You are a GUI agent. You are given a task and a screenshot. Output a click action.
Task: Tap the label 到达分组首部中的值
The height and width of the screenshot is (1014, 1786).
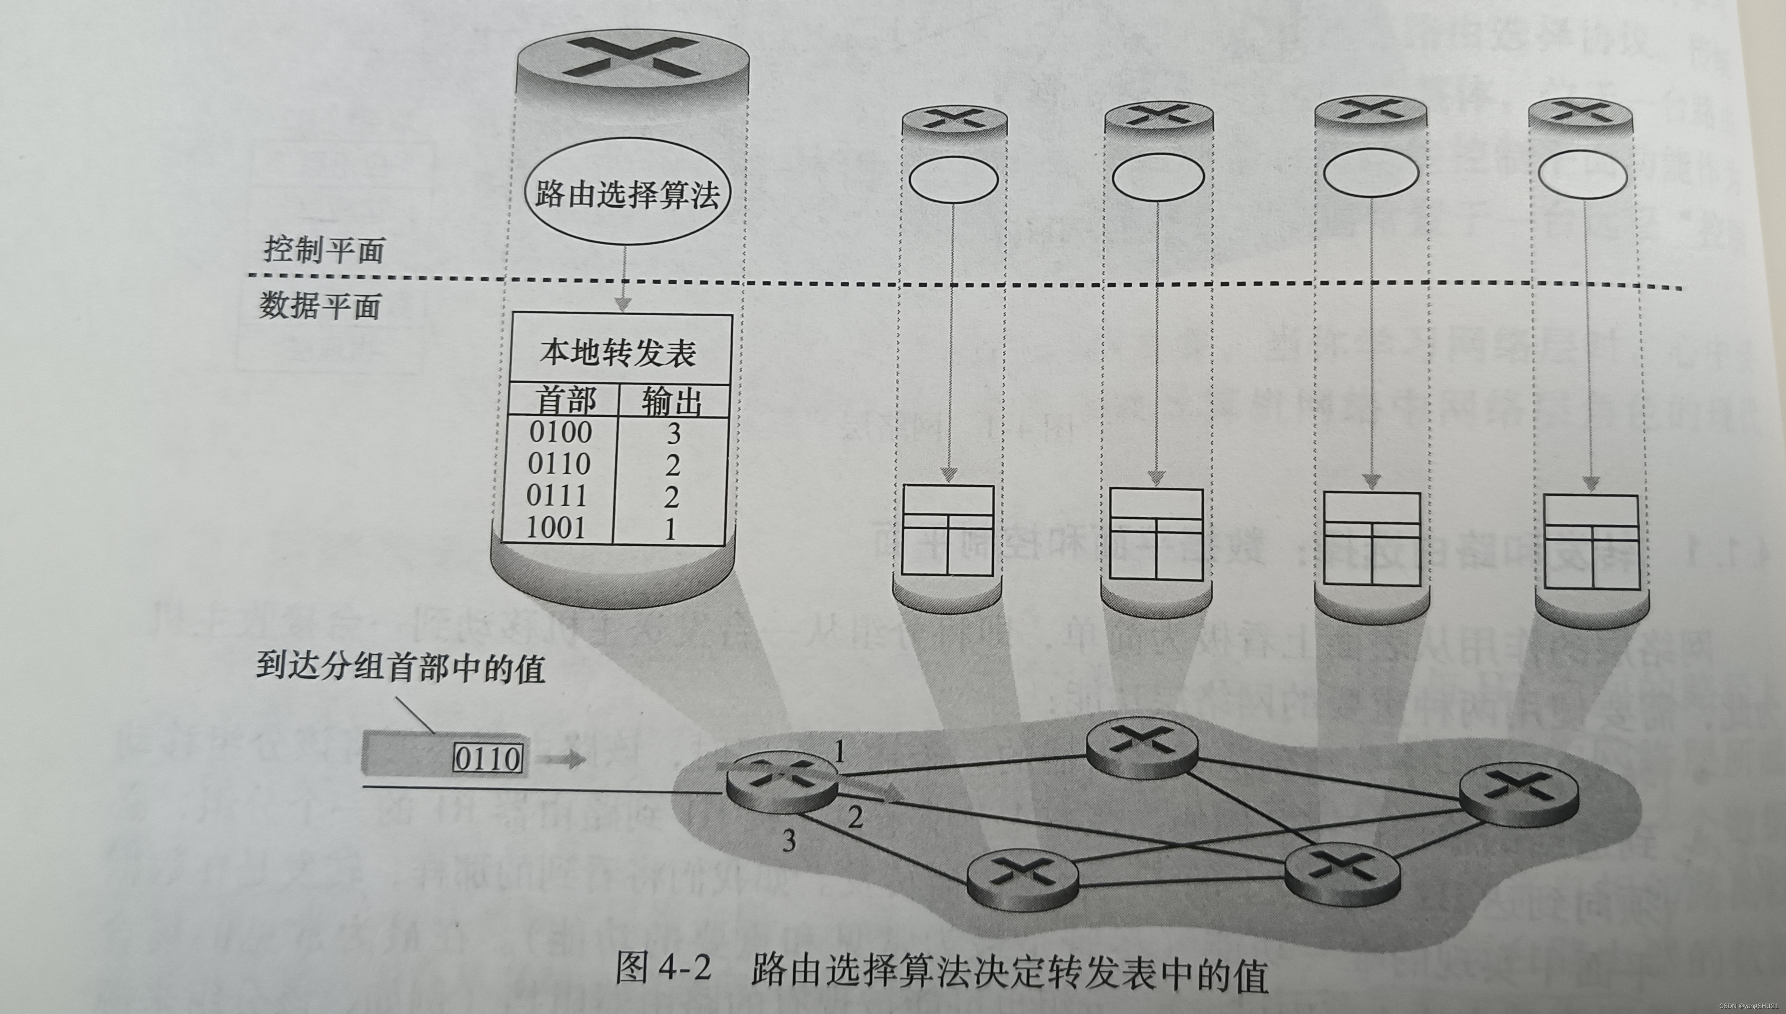(x=400, y=668)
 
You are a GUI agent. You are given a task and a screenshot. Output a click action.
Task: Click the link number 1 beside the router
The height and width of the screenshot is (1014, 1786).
(x=840, y=752)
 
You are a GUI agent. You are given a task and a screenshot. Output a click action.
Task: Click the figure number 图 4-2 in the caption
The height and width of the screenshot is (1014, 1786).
(x=663, y=969)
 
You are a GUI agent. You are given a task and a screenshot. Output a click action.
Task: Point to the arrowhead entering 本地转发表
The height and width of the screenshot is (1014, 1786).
(x=623, y=304)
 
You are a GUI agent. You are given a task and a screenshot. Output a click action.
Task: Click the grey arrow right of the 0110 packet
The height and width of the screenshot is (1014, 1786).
(x=564, y=759)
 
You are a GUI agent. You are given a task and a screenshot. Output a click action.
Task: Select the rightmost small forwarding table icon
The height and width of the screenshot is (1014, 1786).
(x=1591, y=542)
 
